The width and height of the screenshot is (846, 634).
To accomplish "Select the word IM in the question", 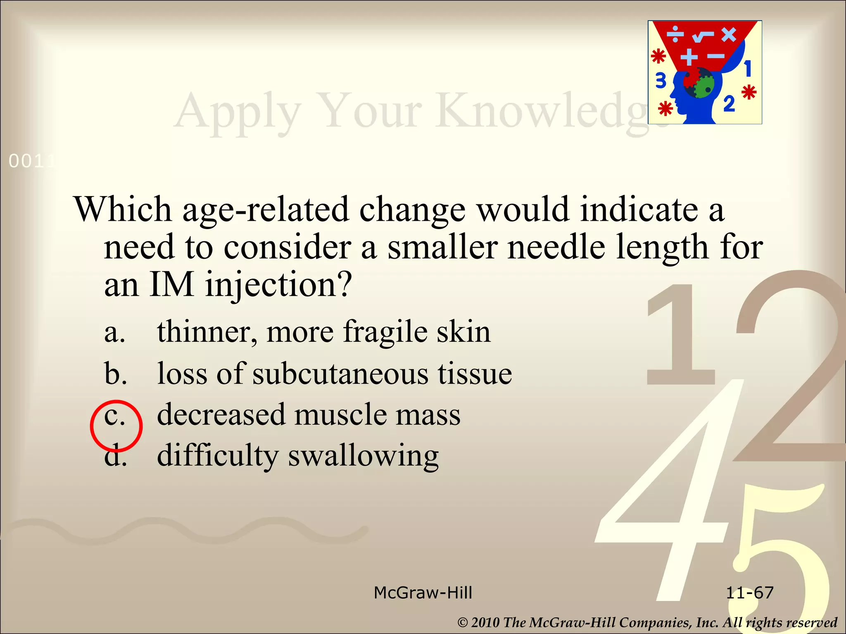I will click(171, 285).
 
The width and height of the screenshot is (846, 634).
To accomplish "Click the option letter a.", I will click(114, 332).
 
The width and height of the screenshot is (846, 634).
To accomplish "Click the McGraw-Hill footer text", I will click(423, 593).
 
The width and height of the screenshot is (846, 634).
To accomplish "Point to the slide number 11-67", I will click(749, 593).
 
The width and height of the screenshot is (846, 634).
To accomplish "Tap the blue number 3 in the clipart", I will click(661, 80).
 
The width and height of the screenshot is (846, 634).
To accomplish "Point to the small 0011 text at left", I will click(31, 161).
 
